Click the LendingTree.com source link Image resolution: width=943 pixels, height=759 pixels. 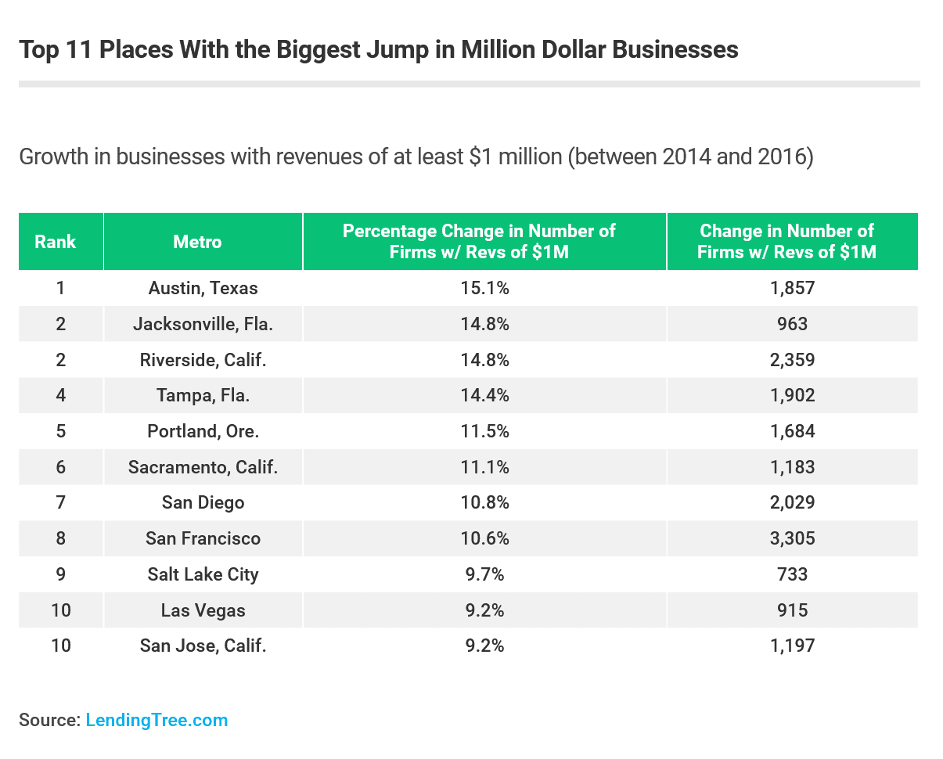(157, 720)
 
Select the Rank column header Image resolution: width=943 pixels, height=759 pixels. (56, 242)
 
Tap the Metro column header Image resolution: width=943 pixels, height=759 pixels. (197, 242)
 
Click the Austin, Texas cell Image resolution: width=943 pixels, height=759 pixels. (203, 288)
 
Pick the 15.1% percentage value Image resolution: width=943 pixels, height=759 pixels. (484, 288)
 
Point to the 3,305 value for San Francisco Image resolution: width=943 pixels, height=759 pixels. (792, 538)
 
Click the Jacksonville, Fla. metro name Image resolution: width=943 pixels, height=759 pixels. (203, 324)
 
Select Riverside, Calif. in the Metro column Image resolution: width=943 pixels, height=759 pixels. (203, 360)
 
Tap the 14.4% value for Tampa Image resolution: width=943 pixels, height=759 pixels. (484, 395)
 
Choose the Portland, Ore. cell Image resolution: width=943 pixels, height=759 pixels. (203, 431)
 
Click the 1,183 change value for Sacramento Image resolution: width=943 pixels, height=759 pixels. (792, 467)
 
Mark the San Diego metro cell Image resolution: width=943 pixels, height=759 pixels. (203, 502)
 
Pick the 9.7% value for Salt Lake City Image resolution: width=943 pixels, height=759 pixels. (484, 574)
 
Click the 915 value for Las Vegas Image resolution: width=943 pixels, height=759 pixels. (792, 610)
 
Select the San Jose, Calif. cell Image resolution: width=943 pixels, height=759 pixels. (203, 646)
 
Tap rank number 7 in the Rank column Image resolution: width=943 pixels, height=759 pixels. (60, 502)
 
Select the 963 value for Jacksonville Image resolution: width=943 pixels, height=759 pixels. (792, 324)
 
